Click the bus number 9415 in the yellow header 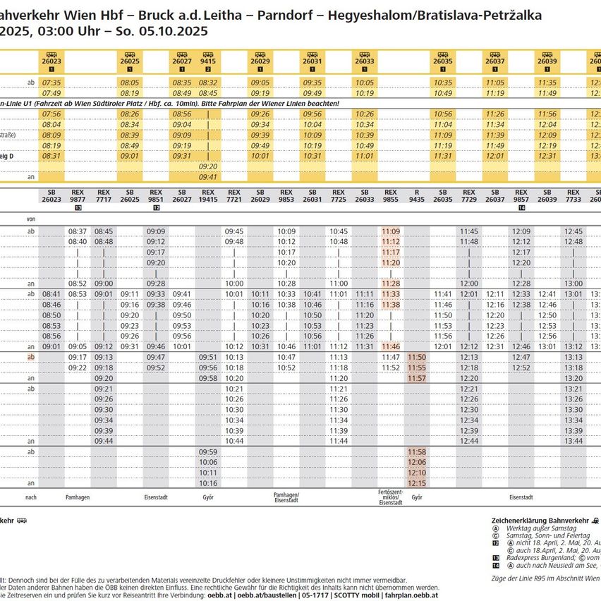[208, 61]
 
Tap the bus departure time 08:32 [208, 83]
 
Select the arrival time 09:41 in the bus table [208, 177]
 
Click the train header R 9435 [417, 195]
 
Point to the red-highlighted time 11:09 [391, 231]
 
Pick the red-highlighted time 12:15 [417, 483]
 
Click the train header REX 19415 [208, 195]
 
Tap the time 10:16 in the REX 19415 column [208, 483]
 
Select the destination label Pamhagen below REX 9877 [77, 497]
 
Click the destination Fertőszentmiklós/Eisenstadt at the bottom [390, 497]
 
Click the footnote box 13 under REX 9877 [78, 208]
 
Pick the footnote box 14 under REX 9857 [521, 208]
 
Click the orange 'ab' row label [30, 357]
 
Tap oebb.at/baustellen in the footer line [265, 595]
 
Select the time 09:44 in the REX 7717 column [104, 441]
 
